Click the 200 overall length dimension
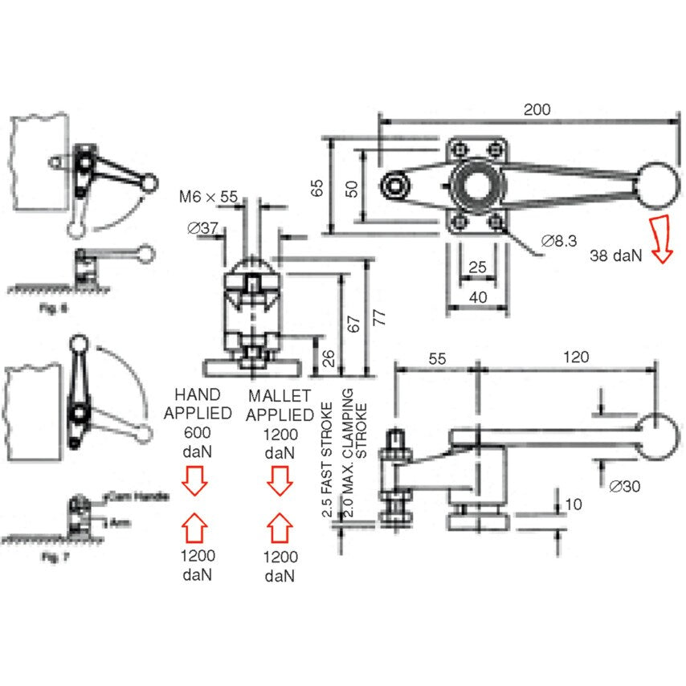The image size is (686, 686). [x=537, y=110]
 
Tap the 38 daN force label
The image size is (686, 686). [x=616, y=256]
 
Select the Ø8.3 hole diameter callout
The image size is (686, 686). [x=559, y=240]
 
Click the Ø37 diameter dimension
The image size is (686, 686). [x=203, y=228]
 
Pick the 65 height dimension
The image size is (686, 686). [x=318, y=187]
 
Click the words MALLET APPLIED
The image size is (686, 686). [x=280, y=405]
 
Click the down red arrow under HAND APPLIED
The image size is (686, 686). [x=194, y=483]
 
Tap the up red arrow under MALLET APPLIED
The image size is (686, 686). [x=280, y=528]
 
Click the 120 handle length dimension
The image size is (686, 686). [x=576, y=357]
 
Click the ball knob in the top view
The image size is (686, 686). [x=655, y=186]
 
